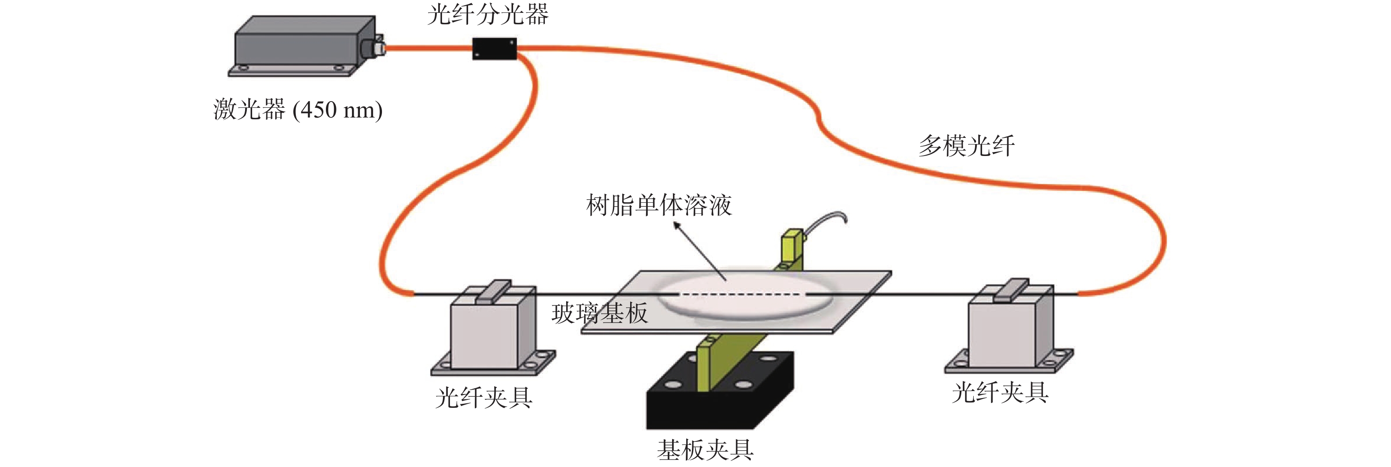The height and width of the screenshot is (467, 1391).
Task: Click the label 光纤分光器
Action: [488, 15]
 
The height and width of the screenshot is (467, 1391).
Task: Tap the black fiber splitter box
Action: [495, 49]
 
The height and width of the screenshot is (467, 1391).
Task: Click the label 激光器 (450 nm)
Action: [298, 110]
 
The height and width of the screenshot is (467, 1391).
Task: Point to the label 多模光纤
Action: [967, 146]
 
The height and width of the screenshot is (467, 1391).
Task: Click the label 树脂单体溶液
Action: [659, 205]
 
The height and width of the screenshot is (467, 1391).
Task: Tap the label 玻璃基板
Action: [599, 314]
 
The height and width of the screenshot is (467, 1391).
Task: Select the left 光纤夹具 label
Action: [484, 398]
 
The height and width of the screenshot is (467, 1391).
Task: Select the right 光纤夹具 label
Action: [1000, 392]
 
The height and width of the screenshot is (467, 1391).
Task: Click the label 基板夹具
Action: [705, 450]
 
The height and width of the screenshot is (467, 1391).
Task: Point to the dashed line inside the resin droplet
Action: [741, 294]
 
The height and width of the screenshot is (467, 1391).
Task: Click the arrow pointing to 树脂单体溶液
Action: [700, 251]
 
